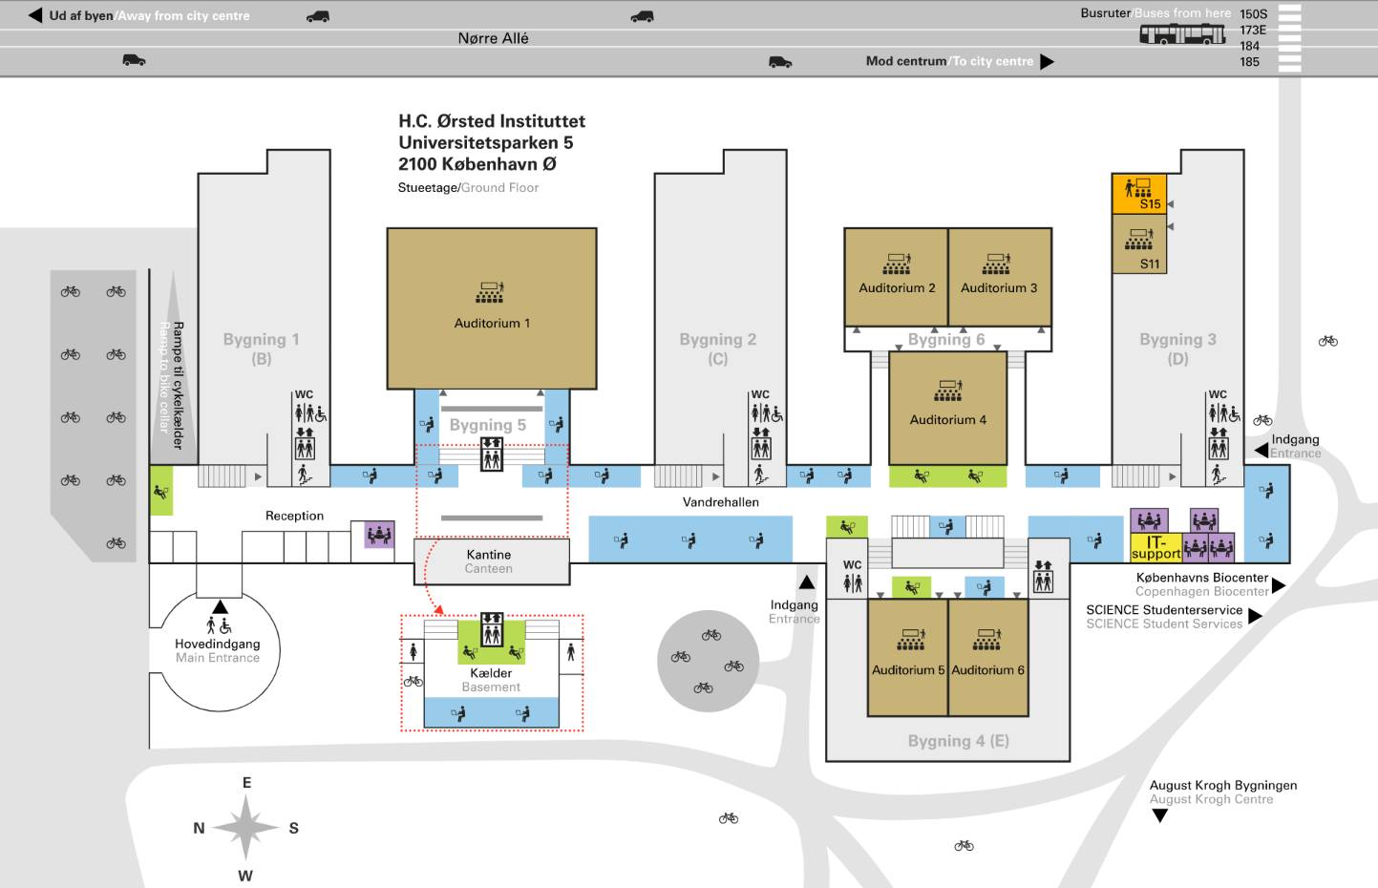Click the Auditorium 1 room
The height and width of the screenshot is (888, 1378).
[x=491, y=307]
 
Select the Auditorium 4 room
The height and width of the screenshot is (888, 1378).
[x=947, y=408]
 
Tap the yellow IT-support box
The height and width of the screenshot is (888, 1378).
[x=1155, y=547]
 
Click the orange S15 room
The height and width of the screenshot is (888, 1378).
[x=1139, y=193]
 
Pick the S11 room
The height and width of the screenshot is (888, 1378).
[x=1139, y=243]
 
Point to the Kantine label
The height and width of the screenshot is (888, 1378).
[x=489, y=555]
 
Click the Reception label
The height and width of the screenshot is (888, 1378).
[x=294, y=516]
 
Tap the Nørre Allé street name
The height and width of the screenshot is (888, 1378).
[x=493, y=38]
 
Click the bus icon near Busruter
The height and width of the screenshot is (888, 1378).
[x=1182, y=34]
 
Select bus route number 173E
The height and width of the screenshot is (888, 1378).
[x=1253, y=31]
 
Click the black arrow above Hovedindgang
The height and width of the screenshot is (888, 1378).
[x=221, y=606]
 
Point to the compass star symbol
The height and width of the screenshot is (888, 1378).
[x=245, y=827]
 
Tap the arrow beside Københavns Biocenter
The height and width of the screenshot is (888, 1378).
[x=1279, y=585]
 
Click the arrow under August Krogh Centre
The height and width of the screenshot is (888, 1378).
[x=1160, y=815]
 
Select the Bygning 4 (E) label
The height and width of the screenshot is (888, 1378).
[x=958, y=741]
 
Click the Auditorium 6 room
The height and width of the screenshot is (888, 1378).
[x=988, y=659]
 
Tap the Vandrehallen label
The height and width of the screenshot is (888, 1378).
[x=720, y=502]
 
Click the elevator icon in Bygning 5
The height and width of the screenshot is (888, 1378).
[x=492, y=454]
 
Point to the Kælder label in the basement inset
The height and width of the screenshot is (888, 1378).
[x=491, y=673]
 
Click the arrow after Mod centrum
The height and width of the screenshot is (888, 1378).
[x=1047, y=62]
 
